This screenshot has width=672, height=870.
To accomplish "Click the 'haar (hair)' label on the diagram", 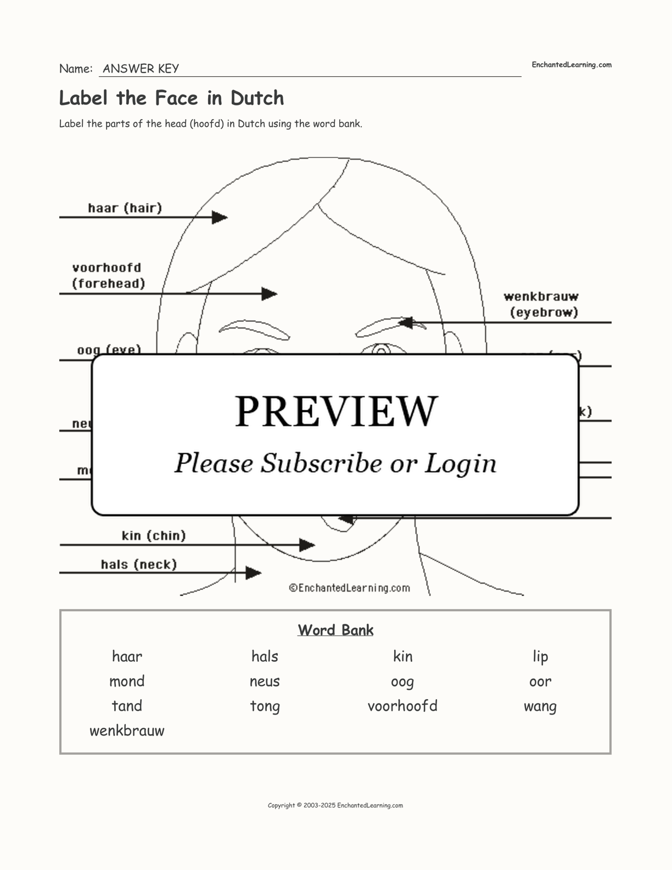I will click(125, 208).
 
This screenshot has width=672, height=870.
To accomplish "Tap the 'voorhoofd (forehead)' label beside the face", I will click(108, 276).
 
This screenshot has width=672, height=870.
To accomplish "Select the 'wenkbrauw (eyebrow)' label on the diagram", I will click(542, 304).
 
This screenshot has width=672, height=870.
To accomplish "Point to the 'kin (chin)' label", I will click(154, 536).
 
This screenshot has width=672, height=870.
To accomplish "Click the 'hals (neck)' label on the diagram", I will click(139, 565).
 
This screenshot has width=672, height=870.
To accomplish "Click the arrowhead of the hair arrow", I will click(220, 217).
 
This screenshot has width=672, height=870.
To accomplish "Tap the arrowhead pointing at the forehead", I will click(270, 294).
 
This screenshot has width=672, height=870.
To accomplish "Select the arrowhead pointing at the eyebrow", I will click(405, 322).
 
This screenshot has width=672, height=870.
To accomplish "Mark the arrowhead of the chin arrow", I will click(307, 545).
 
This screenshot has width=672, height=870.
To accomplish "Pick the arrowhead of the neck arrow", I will click(253, 573).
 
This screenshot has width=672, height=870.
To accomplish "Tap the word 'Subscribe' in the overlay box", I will click(321, 463).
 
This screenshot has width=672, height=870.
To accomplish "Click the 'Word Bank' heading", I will click(335, 630).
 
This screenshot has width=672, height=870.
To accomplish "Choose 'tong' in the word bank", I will click(265, 706).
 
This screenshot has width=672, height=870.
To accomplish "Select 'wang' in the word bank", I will click(540, 706).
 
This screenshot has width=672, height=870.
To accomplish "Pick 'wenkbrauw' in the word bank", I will click(127, 731).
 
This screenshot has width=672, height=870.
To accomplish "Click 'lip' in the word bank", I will click(540, 657).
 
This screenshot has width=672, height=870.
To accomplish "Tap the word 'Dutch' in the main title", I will click(257, 98).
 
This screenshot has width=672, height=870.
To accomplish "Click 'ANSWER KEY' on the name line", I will click(141, 69).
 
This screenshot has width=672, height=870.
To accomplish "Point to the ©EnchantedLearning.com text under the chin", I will click(350, 588).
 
